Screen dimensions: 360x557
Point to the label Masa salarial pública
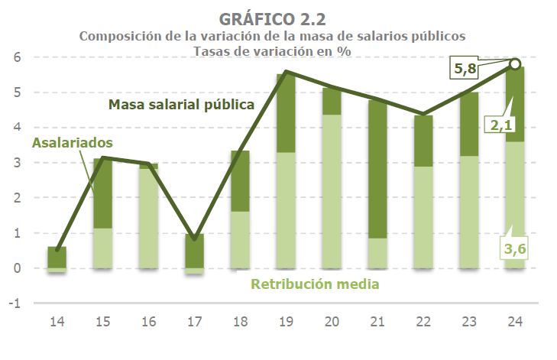181,105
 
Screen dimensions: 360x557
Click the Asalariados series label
73,142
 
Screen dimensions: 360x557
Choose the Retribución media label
316,285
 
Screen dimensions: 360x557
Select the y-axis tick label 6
15,57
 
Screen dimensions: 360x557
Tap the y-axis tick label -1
13,303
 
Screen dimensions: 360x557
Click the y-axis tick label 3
15,163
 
